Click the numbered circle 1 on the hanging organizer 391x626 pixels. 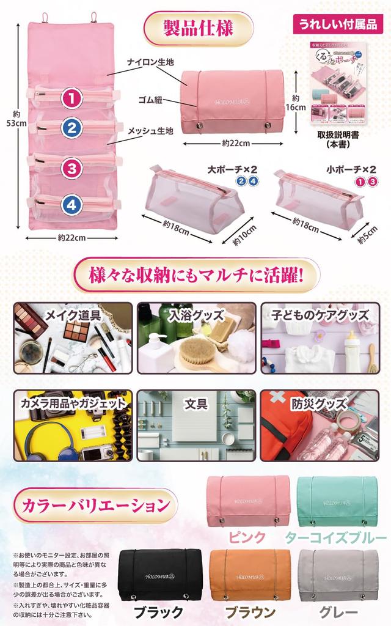coord(72,98)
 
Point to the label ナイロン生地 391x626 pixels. coord(150,63)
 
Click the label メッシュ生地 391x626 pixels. coord(150,130)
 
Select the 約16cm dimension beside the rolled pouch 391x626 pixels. coord(298,102)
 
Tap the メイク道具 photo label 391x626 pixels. coord(73,315)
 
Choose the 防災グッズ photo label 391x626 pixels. coord(319,403)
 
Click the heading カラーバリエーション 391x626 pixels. coord(95,506)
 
